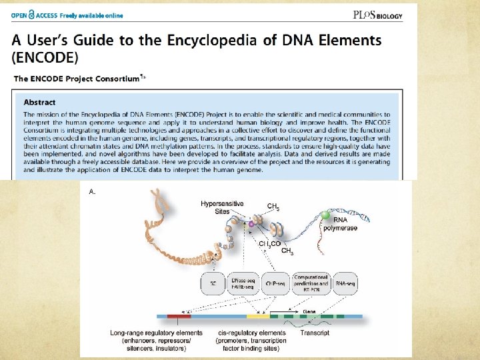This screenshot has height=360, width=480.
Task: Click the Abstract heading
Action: [40, 102]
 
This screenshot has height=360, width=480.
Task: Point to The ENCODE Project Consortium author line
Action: [77, 79]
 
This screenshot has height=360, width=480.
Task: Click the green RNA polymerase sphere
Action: [325, 215]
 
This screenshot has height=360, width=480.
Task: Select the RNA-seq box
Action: [349, 283]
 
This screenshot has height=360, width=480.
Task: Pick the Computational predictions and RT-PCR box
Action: [311, 283]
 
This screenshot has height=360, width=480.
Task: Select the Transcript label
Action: [314, 333]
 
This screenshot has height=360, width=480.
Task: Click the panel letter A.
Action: [93, 191]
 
